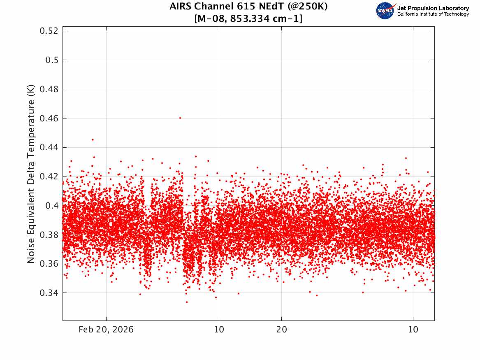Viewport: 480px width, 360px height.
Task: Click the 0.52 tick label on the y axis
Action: [x=49, y=30]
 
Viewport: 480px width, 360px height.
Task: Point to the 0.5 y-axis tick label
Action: [x=52, y=60]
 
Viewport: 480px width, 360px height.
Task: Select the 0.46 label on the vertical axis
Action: [x=49, y=118]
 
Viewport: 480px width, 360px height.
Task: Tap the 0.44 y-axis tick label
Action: [x=49, y=147]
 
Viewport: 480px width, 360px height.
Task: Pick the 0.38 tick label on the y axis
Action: [x=49, y=235]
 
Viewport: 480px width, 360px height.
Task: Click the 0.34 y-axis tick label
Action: [x=49, y=293]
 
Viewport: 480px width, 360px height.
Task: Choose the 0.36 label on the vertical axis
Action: [x=49, y=264]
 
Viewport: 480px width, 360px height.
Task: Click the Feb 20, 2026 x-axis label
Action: [x=106, y=330]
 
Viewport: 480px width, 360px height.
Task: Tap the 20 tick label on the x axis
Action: [x=282, y=330]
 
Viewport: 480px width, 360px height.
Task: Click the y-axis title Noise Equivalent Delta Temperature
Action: [x=31, y=174]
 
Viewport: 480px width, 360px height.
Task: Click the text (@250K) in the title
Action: [x=308, y=6]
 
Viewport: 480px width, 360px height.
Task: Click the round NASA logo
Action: [x=385, y=11]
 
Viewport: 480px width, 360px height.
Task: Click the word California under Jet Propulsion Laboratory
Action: [x=408, y=14]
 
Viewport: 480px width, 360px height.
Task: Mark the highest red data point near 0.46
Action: [x=180, y=118]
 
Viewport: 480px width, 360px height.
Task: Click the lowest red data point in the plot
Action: [x=187, y=302]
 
